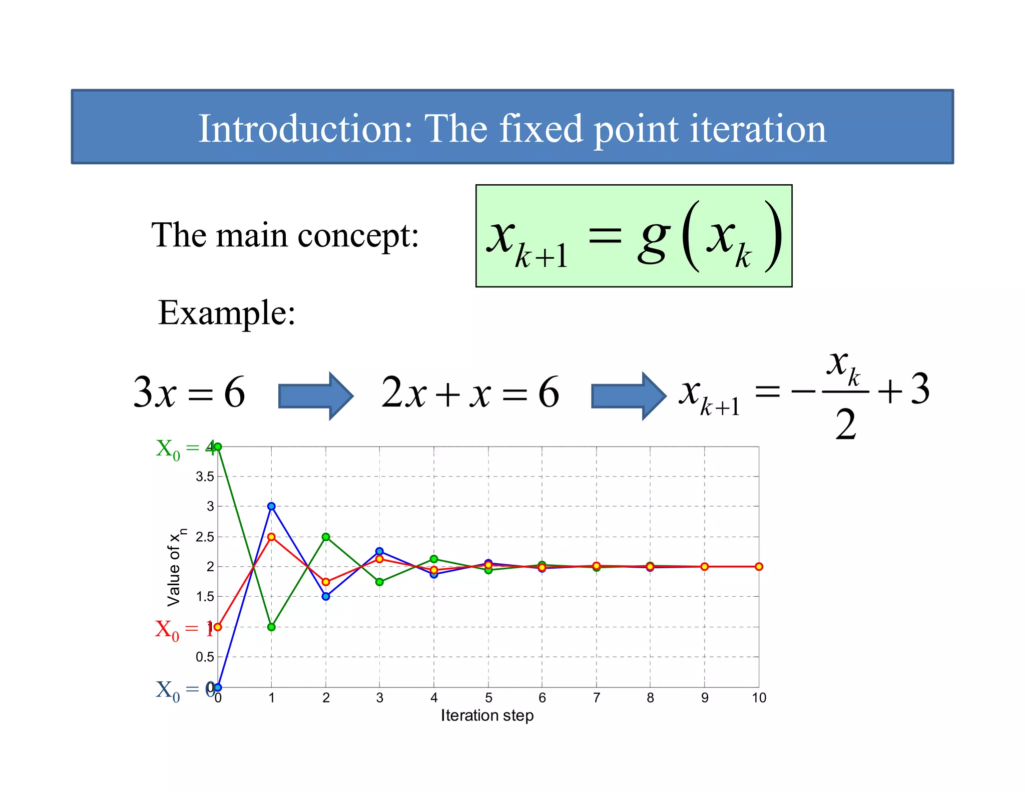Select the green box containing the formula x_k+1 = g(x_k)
634,236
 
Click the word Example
226,313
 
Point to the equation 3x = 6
189,392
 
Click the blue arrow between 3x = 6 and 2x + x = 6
315,395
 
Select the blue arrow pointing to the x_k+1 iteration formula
628,395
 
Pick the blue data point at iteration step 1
271,506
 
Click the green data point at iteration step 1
271,627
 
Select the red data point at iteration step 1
271,537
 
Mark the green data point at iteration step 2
326,537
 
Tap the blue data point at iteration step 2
326,596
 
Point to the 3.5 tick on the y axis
205,477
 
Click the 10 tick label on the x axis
759,698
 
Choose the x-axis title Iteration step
487,715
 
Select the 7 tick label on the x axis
596,698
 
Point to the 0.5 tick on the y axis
205,657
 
